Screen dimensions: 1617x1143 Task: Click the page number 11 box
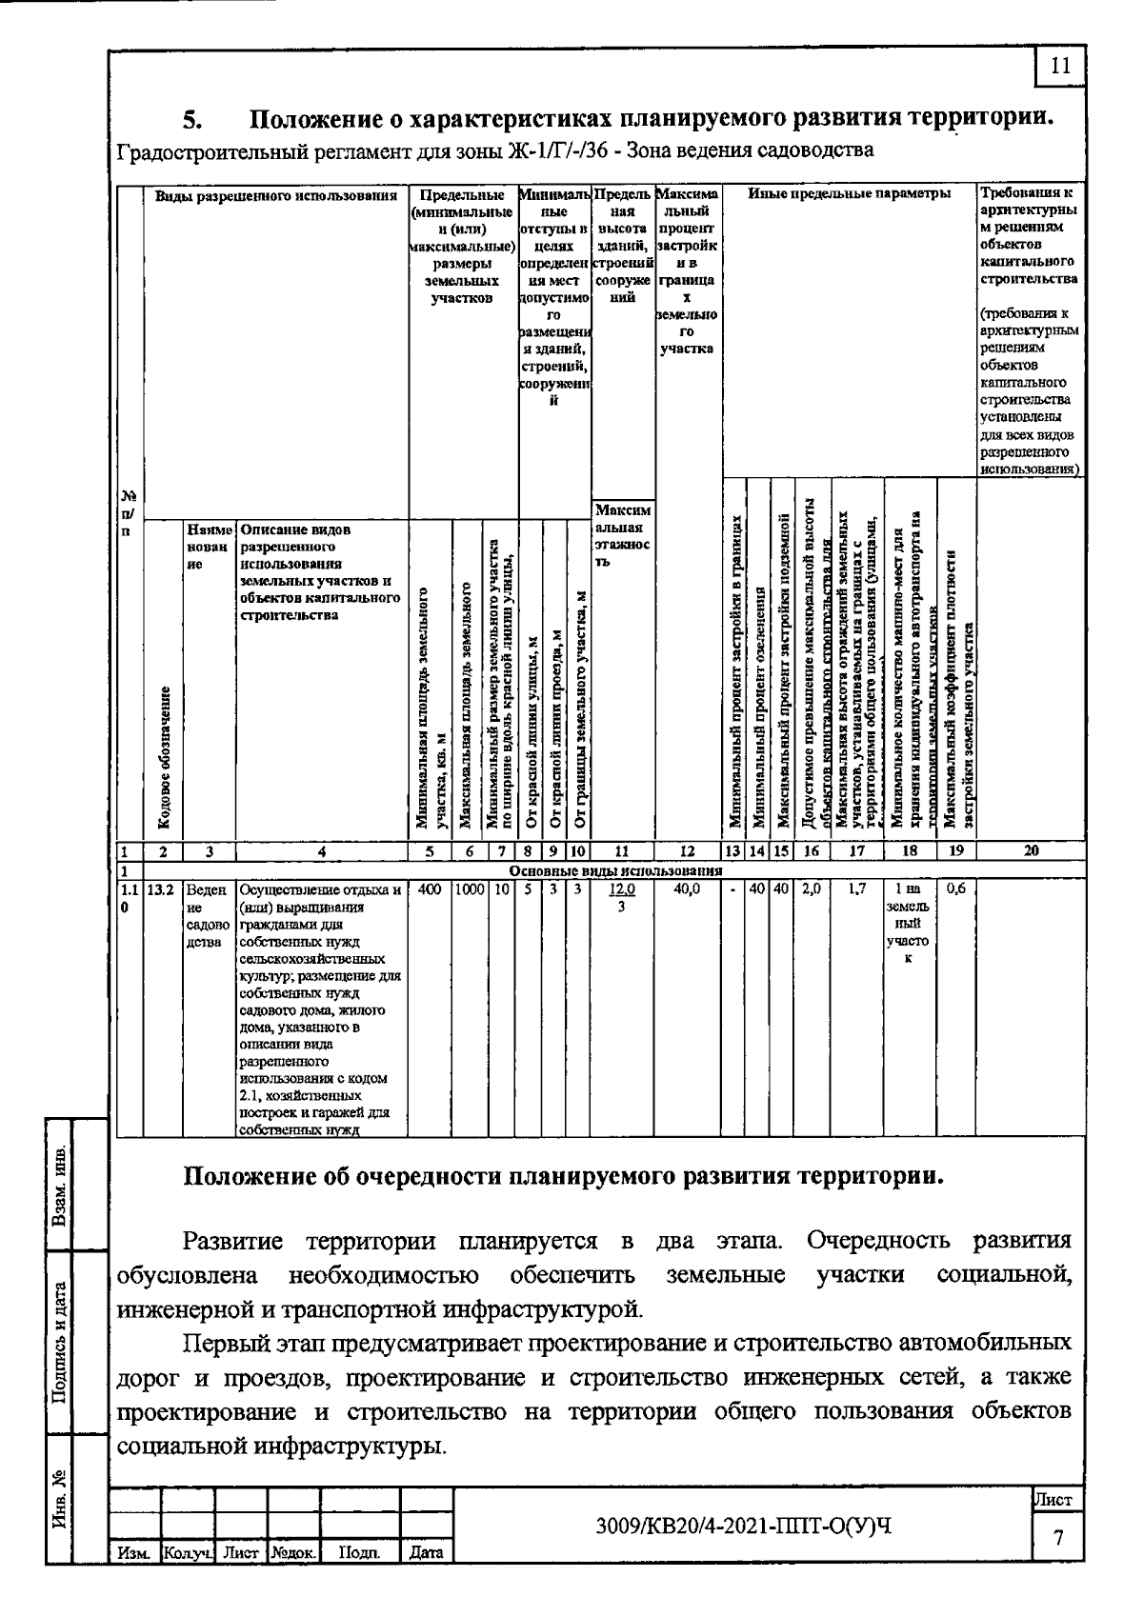click(x=1060, y=66)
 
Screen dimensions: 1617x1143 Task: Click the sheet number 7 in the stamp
click(x=1057, y=1538)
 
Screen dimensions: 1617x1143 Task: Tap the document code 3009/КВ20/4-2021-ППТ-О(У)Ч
click(x=743, y=1527)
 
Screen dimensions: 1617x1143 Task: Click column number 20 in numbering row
click(x=1030, y=851)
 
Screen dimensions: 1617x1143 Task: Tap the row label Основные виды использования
click(x=615, y=870)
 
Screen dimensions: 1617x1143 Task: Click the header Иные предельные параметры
click(x=848, y=193)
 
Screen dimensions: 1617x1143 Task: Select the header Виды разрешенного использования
click(x=275, y=196)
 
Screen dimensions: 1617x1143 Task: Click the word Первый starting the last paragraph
click(x=224, y=1344)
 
